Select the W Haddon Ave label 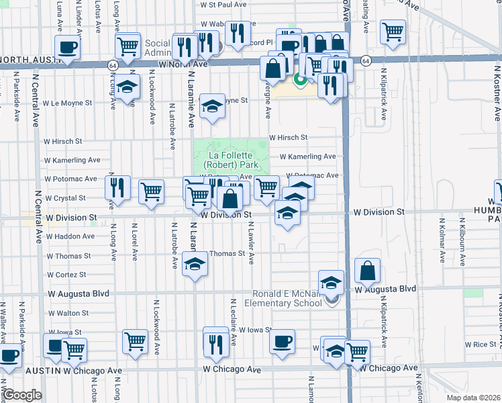[x=69, y=236]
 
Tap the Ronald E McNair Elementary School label [x=287, y=298]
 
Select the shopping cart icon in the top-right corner [x=393, y=31]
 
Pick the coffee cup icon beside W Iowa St [x=282, y=341]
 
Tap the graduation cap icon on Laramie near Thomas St [x=195, y=263]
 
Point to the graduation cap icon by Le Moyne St [x=212, y=105]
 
